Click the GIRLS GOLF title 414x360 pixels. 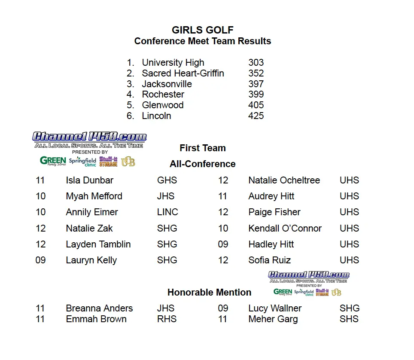tap(203, 30)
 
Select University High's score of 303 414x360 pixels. tap(256, 63)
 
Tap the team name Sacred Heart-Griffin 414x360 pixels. tap(183, 73)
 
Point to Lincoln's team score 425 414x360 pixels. tap(256, 116)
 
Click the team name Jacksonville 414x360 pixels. tap(167, 84)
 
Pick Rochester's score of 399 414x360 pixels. tap(256, 95)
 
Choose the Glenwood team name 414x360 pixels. tap(163, 105)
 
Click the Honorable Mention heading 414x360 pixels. tap(209, 293)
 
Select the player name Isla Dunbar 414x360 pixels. tap(90, 180)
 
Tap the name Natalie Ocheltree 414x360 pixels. tap(284, 180)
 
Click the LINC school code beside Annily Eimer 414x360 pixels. tap(167, 212)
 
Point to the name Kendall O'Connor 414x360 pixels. tap(285, 229)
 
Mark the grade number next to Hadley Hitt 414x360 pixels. tap(223, 244)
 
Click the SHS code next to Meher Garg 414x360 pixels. tap(349, 319)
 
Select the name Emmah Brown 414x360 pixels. tap(96, 319)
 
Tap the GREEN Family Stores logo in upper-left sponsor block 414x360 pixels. tap(53, 162)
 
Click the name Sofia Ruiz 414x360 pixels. tap(269, 260)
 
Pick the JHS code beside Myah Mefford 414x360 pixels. tap(166, 196)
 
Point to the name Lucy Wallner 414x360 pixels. tap(275, 308)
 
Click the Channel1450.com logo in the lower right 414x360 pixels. tap(308, 275)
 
